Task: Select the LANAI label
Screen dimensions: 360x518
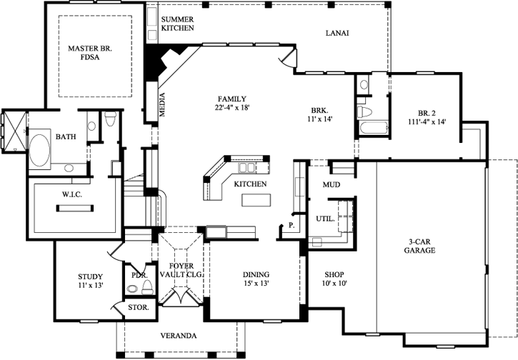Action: click(x=337, y=33)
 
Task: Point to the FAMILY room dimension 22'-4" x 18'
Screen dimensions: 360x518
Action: click(x=232, y=108)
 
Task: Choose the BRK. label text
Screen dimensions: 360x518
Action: click(x=319, y=111)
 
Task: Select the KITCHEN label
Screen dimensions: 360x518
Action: click(x=250, y=184)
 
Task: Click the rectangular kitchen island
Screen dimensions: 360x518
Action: click(x=256, y=200)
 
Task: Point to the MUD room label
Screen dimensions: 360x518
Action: click(x=331, y=185)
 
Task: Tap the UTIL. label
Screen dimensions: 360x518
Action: click(x=324, y=219)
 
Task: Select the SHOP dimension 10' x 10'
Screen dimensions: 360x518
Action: click(x=334, y=284)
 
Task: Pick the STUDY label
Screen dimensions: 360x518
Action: click(x=90, y=276)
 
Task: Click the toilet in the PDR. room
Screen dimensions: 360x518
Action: click(x=147, y=287)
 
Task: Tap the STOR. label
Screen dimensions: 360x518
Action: click(x=138, y=307)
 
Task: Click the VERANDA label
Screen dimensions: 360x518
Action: click(x=179, y=335)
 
